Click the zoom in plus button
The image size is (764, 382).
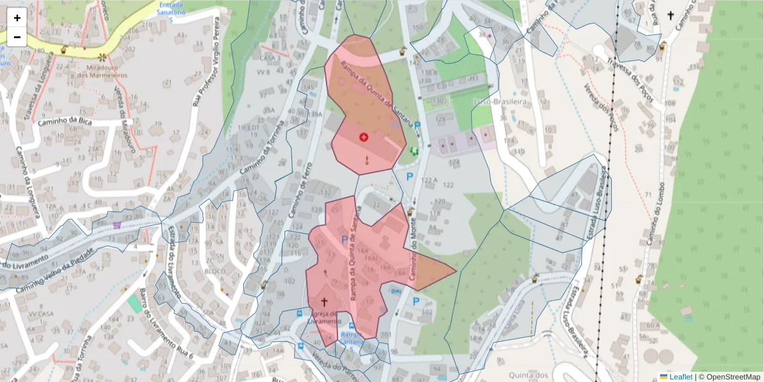(17, 18)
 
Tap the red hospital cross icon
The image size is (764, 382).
(364, 137)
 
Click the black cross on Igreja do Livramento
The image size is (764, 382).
(324, 302)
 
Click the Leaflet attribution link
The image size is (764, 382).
(681, 377)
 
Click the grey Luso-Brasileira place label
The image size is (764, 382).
(499, 101)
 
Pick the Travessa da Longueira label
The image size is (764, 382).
(36, 95)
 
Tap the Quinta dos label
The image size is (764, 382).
(529, 375)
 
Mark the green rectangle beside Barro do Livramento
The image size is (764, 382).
(134, 302)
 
